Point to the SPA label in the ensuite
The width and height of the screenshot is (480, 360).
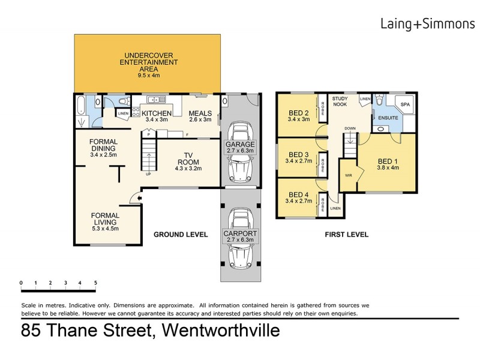pos(404,104)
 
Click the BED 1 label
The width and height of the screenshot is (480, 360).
pos(387,161)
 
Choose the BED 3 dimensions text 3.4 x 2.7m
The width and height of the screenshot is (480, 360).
pos(298,161)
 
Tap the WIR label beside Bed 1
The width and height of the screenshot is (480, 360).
pos(348,176)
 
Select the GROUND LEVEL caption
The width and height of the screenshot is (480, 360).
pos(179,235)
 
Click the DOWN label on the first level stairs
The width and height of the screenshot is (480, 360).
pos(349,128)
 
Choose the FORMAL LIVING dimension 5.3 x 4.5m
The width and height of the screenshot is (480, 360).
pos(105,228)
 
